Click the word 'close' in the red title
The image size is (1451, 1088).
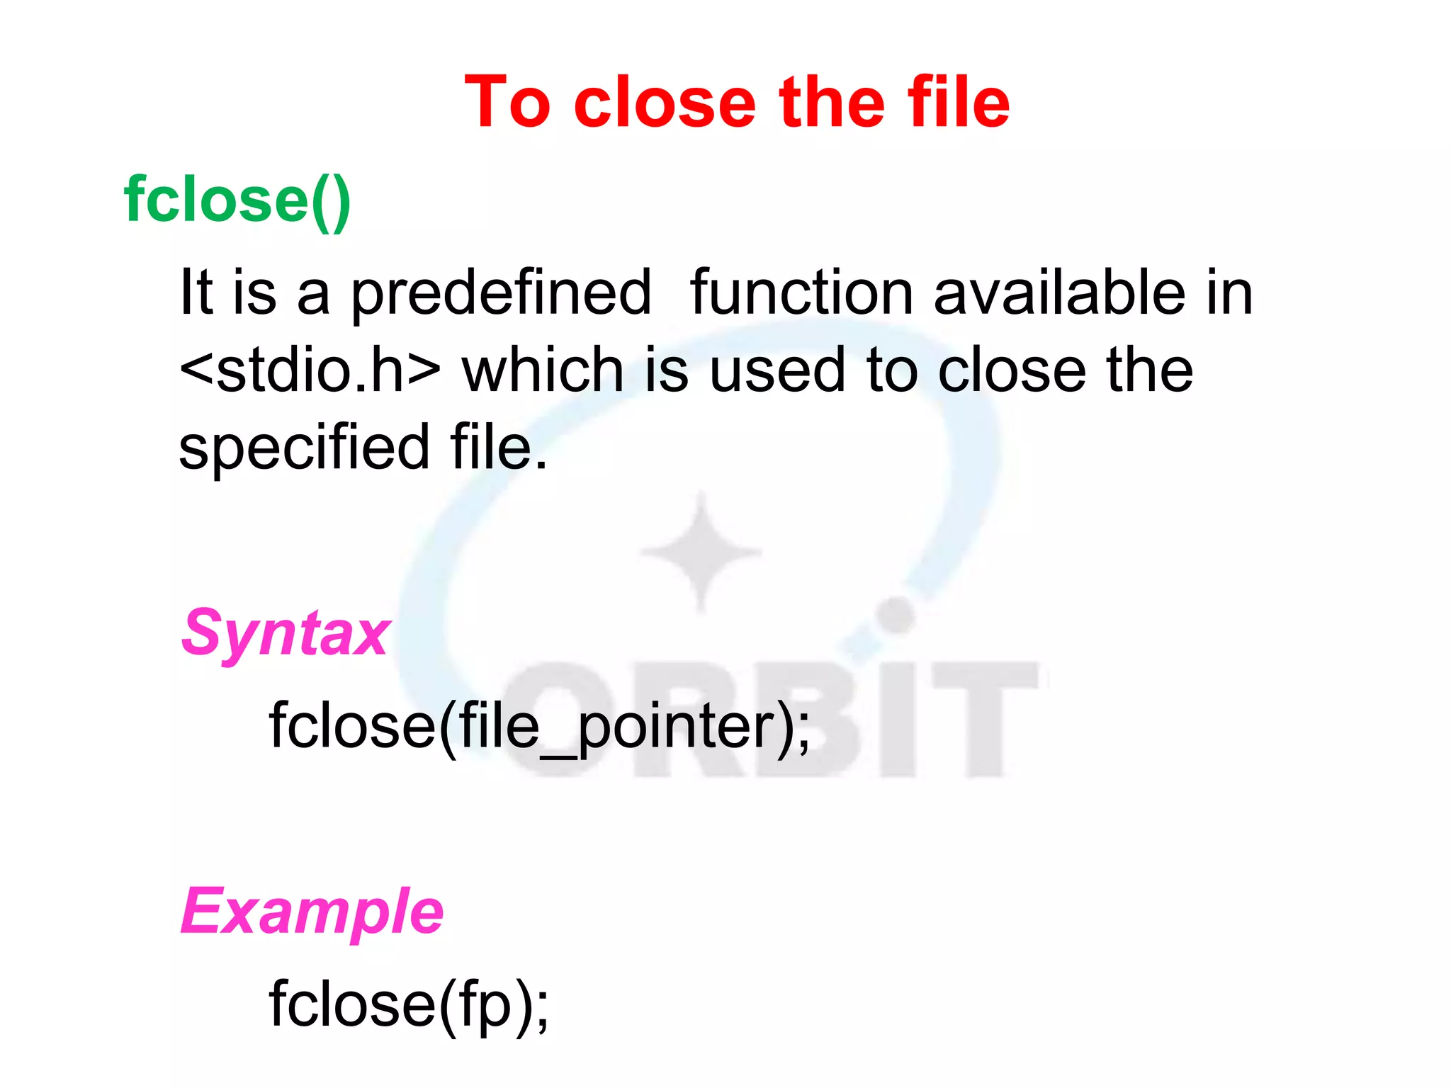click(x=665, y=103)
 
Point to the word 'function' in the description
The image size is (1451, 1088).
click(x=801, y=293)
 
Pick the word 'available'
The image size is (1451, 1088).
click(x=1059, y=293)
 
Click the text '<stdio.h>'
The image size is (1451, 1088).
click(x=310, y=370)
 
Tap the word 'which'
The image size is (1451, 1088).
click(x=543, y=370)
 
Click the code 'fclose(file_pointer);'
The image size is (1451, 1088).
click(x=539, y=727)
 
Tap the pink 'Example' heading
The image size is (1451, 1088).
click(x=312, y=912)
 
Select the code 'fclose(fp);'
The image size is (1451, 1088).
click(x=408, y=1004)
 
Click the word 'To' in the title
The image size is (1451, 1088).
click(x=507, y=103)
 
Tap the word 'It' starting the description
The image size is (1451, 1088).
click(x=196, y=293)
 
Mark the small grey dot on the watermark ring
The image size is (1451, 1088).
click(x=897, y=614)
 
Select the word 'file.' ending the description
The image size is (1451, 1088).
click(x=498, y=448)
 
